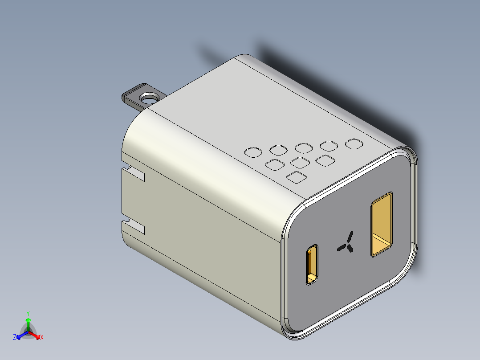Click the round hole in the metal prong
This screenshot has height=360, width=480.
[150, 98]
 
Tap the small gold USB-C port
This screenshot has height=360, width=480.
[312, 264]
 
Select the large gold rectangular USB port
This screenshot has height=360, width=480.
[382, 224]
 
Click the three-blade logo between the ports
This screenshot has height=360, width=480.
[346, 243]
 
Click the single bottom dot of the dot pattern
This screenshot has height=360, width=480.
[297, 177]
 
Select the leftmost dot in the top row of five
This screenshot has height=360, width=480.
[253, 152]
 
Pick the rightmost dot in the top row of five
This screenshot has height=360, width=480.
[354, 144]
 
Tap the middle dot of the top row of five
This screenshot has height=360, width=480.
[304, 148]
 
